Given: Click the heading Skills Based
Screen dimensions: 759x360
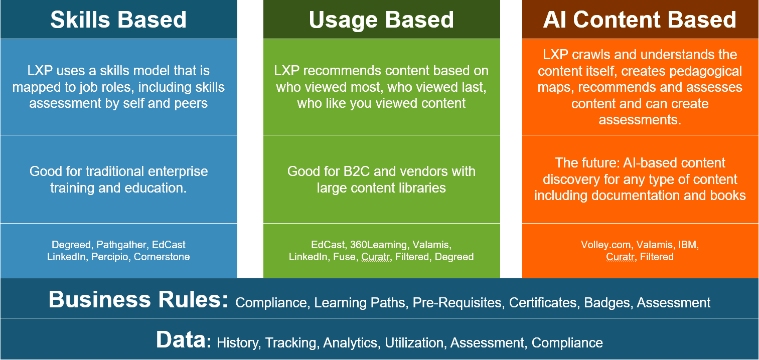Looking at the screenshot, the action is click(118, 20).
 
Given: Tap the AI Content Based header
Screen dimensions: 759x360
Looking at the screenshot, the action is click(640, 20).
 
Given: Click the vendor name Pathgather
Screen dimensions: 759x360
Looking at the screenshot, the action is click(121, 245).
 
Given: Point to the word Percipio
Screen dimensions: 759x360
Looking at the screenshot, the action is click(110, 257).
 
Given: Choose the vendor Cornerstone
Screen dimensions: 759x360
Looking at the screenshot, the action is click(162, 257).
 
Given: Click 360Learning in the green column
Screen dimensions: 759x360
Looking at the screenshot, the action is click(378, 245).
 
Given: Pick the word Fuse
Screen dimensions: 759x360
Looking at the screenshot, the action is click(344, 257).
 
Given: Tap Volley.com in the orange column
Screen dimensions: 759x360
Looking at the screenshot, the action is click(605, 245).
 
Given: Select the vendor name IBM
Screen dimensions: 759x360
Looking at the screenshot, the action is click(688, 245).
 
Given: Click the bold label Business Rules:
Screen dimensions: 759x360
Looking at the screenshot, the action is click(138, 300).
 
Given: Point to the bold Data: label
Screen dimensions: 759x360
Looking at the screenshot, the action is click(184, 339).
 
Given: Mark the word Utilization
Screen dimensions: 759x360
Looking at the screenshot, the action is click(414, 343).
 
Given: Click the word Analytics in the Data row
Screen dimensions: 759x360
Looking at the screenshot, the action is click(350, 343).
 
